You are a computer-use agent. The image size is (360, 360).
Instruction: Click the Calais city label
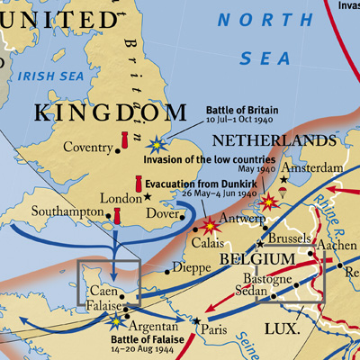[209, 243]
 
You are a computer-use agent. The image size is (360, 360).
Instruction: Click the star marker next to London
[148, 196]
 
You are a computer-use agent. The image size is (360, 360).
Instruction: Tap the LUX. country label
[282, 330]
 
